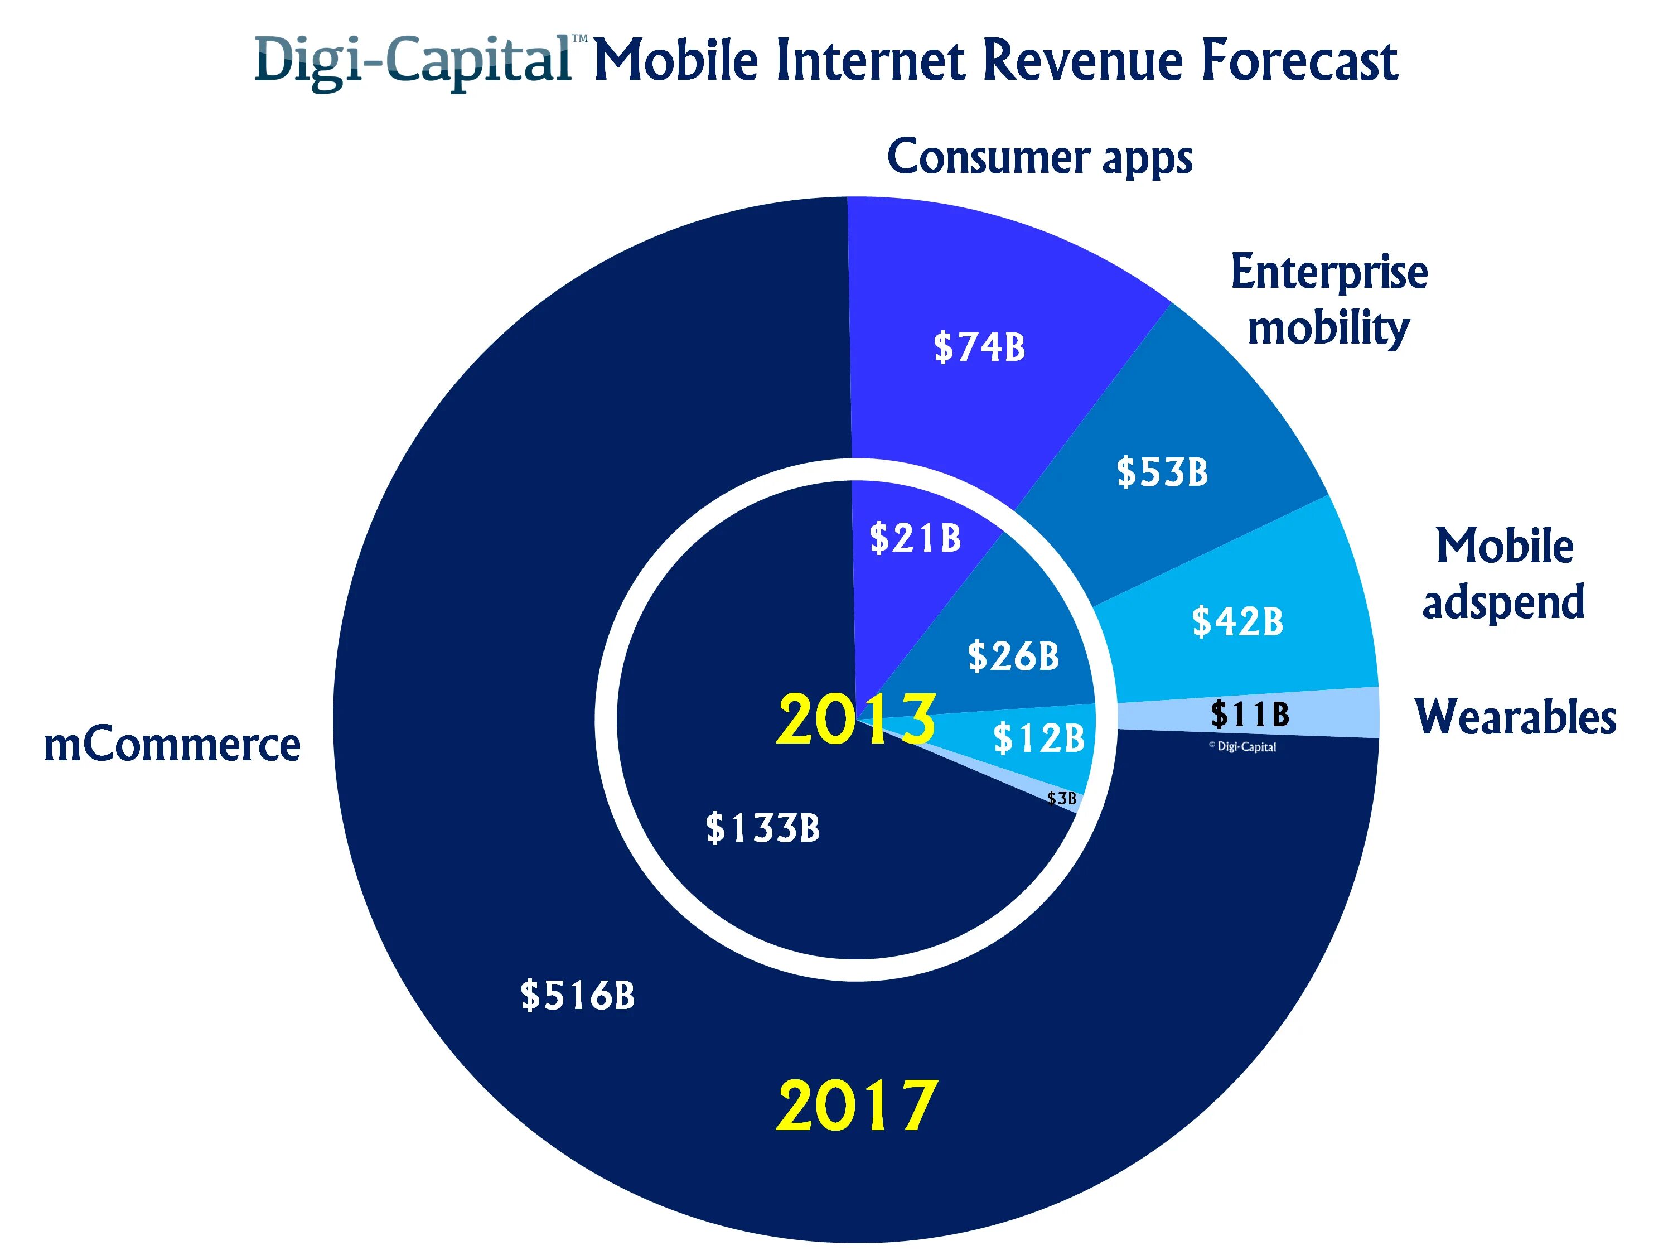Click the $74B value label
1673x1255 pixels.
[x=979, y=347]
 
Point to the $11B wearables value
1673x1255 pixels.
[x=1250, y=713]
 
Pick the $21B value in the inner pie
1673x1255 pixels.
[x=915, y=538]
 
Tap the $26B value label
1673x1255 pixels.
[x=1013, y=656]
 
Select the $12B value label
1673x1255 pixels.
[x=1038, y=737]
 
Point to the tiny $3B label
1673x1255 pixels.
[x=1062, y=798]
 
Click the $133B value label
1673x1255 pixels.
[x=762, y=828]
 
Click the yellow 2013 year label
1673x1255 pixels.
[x=856, y=720]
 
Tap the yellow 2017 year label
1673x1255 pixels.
[x=857, y=1106]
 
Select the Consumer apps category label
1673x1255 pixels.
[x=1040, y=157]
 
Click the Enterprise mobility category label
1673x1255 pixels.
[x=1329, y=300]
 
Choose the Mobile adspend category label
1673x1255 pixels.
[x=1503, y=573]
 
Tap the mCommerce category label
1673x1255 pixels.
[x=172, y=745]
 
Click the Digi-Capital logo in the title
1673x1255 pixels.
[x=414, y=60]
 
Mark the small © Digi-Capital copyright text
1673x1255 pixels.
[x=1242, y=747]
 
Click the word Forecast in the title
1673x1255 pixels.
[x=1299, y=60]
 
